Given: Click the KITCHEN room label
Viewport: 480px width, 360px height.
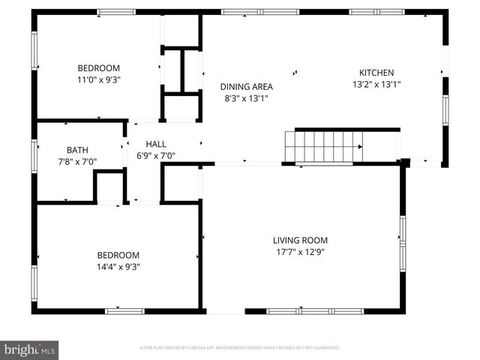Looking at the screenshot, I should click(376, 73).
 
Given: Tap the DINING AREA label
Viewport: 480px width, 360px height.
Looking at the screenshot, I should click(246, 86).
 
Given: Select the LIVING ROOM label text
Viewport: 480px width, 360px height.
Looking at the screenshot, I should click(300, 240).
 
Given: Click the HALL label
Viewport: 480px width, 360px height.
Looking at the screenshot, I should click(156, 144).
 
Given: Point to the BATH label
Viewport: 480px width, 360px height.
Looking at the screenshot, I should click(77, 149).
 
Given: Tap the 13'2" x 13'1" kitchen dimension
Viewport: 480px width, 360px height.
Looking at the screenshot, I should click(376, 85).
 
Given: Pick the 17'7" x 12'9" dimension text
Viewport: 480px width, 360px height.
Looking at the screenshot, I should click(300, 252).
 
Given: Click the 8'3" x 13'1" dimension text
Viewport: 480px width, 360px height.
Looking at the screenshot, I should click(246, 98).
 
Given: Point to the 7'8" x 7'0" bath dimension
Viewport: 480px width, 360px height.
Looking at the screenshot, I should click(77, 161).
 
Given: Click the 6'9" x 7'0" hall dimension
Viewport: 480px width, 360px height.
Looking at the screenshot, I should click(156, 156).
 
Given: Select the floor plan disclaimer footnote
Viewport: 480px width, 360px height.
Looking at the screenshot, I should click(240, 348).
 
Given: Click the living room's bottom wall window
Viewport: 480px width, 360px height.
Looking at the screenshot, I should click(304, 311).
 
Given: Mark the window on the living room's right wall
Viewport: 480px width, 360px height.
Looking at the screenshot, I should click(403, 241).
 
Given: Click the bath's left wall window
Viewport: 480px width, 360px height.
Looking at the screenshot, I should click(34, 155).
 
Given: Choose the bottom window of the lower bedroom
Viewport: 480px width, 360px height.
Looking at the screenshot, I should click(124, 311).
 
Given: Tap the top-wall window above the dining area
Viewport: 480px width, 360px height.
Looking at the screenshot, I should click(247, 12).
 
